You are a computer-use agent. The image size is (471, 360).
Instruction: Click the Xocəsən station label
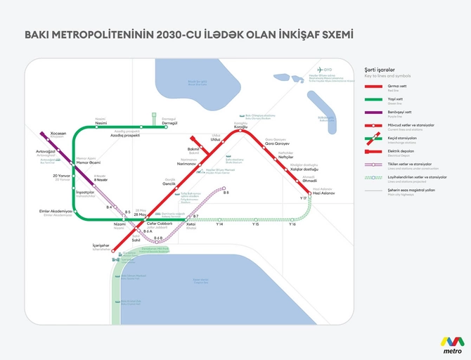39,133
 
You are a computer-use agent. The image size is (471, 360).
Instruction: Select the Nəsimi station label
101,122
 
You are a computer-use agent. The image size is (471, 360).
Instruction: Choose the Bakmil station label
194,149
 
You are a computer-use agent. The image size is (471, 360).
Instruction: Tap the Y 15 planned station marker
255,219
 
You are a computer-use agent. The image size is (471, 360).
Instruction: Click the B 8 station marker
224,188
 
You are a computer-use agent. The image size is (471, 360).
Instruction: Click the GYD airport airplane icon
318,70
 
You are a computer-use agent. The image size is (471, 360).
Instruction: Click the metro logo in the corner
451,343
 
